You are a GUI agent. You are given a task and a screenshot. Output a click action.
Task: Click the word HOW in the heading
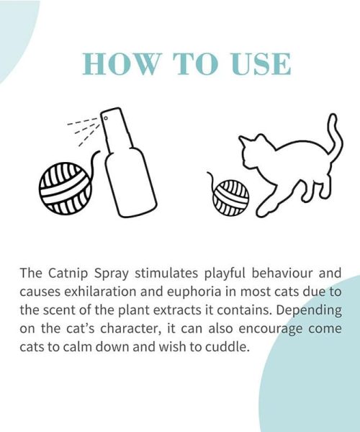pos(121,64)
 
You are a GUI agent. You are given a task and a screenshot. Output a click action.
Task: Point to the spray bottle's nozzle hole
pos(106,119)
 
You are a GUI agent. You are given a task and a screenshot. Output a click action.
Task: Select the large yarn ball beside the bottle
pos(66,189)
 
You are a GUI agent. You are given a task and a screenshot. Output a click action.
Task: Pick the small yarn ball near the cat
pos(231,198)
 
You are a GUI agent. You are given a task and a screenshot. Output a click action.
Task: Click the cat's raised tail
pos(336,135)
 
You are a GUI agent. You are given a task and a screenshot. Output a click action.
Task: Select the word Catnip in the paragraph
pos(68,274)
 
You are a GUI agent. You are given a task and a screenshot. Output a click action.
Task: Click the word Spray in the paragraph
pos(112,274)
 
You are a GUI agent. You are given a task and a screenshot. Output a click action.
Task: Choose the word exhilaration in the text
pos(100,292)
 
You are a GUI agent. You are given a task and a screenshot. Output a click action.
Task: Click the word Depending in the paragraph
pos(309,310)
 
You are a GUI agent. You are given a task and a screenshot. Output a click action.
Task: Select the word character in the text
pos(130,328)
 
